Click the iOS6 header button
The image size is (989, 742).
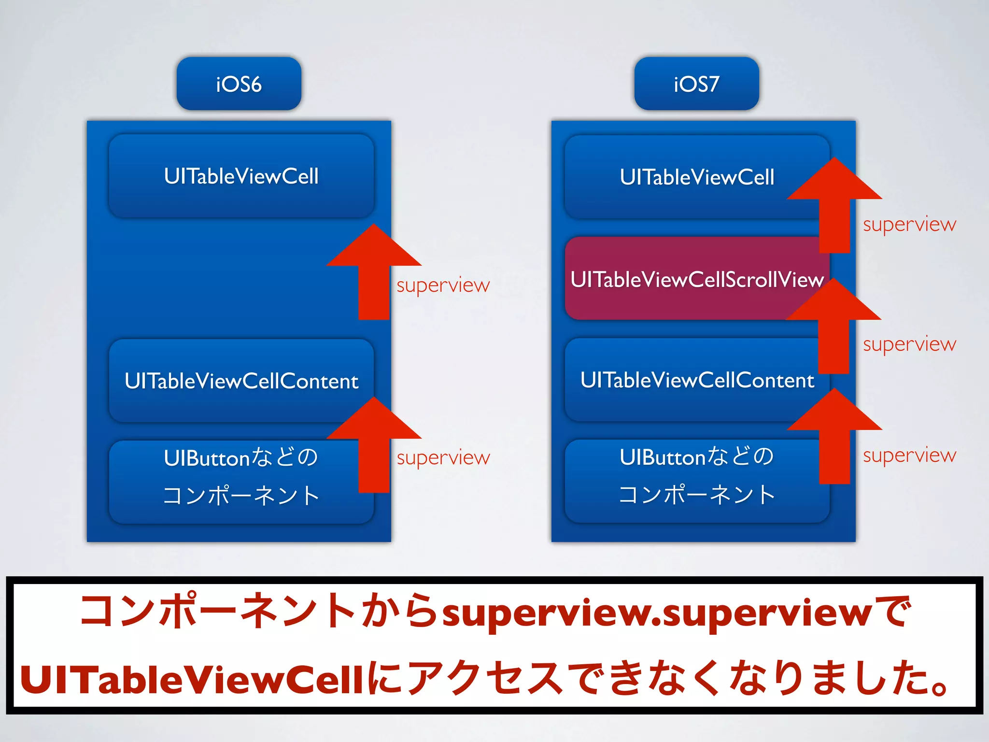click(239, 84)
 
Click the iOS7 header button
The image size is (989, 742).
click(696, 84)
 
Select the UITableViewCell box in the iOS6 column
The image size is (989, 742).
click(241, 176)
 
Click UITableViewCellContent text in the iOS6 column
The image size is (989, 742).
click(241, 381)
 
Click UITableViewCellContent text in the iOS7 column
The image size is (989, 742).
click(696, 380)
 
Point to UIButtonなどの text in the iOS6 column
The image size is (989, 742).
click(240, 457)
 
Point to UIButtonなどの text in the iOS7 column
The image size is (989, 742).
click(696, 457)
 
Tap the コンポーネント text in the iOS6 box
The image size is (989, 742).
click(240, 496)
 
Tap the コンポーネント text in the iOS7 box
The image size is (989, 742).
click(696, 495)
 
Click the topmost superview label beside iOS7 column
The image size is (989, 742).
click(909, 225)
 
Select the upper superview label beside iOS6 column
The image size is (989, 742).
click(443, 285)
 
